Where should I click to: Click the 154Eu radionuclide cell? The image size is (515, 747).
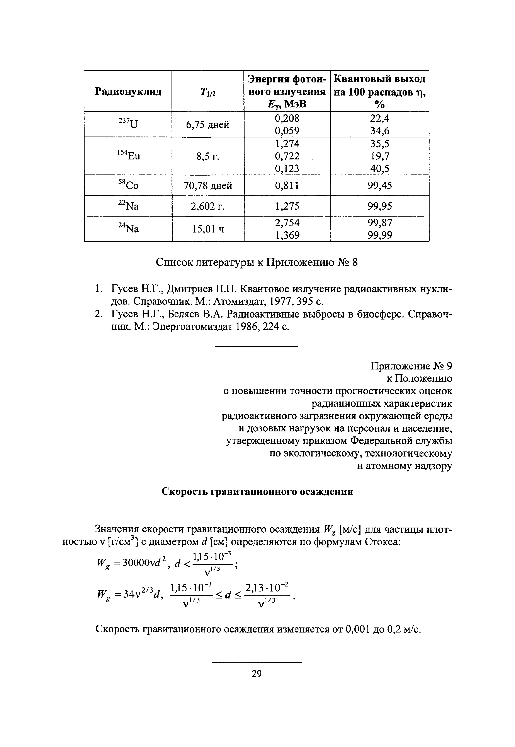tap(128, 156)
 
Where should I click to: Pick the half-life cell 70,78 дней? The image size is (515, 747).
tap(208, 186)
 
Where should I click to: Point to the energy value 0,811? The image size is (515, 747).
tap(287, 186)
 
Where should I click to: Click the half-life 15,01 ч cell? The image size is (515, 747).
tap(208, 229)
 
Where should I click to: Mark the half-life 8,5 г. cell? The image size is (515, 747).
tap(208, 156)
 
